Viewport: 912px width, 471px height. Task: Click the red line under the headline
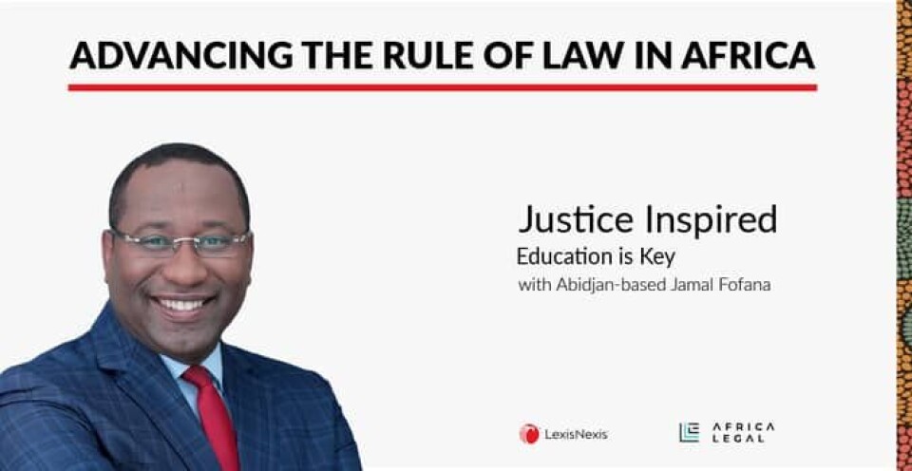pos(443,87)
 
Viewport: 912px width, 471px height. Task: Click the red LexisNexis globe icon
pos(529,434)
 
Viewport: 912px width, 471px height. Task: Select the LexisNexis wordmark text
pos(577,434)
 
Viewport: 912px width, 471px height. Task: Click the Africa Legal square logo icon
pos(690,433)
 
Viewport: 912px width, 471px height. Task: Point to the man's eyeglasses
pos(180,244)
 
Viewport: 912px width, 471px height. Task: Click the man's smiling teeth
pos(181,305)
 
